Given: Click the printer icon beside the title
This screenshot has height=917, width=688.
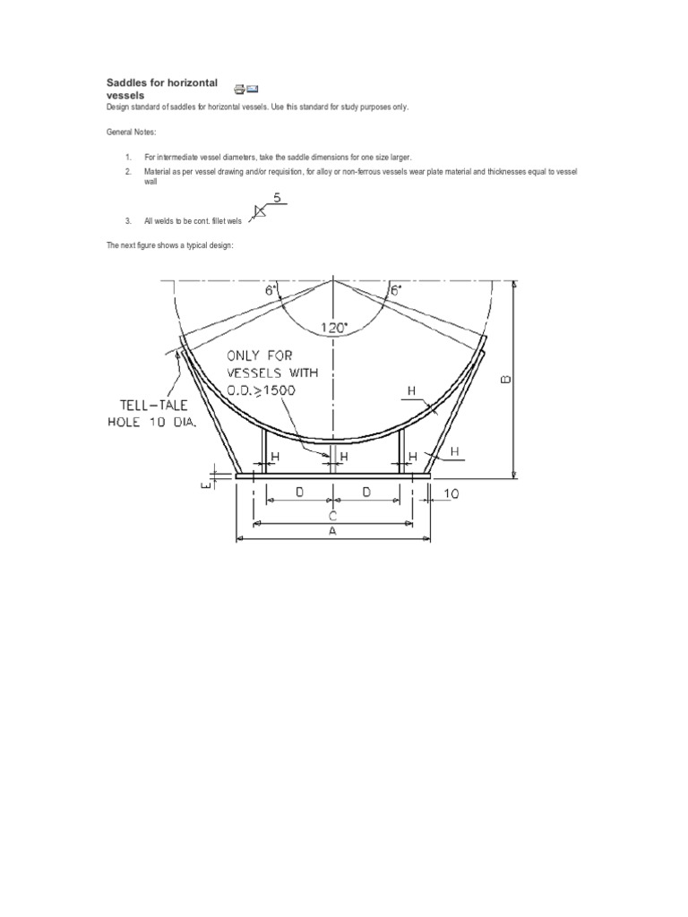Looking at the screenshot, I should tap(239, 88).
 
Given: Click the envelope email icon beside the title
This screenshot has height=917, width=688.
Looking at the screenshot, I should tap(253, 88).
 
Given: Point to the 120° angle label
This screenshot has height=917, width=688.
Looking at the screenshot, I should tap(332, 329).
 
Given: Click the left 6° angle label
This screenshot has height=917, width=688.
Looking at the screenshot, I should tap(270, 290).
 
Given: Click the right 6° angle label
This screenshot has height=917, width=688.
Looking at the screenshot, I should tap(395, 290).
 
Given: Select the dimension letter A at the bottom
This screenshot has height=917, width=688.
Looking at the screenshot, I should tap(332, 530).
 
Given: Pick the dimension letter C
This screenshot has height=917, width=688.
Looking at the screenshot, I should tap(332, 516).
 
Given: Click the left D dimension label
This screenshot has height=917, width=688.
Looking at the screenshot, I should tap(298, 493).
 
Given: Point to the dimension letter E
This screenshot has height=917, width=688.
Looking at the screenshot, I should tap(204, 484).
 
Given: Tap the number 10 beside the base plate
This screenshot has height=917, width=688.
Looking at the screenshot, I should tap(451, 493).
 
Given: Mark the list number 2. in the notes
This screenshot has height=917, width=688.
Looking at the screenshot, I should tap(128, 170).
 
